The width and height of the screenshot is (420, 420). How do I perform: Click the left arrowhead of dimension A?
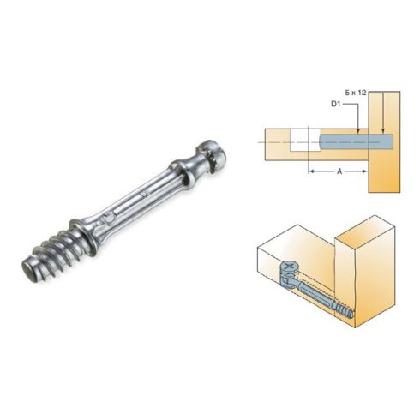click(310, 171)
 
